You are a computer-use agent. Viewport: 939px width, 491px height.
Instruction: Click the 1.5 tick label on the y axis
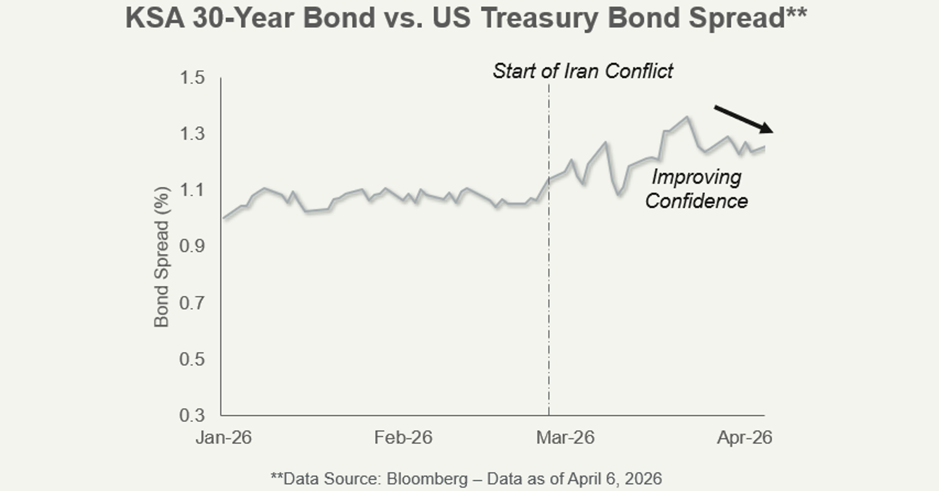[192, 78]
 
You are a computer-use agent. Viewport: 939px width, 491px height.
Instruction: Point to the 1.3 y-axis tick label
[192, 134]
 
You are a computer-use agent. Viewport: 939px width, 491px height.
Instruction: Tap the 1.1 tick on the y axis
[192, 190]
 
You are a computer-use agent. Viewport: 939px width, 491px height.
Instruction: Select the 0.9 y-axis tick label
[192, 246]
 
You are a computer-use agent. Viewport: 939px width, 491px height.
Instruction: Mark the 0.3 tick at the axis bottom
[192, 415]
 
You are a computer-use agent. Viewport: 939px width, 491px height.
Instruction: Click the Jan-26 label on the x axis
[224, 437]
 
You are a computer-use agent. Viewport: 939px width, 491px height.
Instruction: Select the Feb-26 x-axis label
[403, 437]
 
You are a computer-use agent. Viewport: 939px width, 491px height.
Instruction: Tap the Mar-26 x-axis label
[565, 437]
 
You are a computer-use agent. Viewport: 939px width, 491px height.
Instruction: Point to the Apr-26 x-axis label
[744, 437]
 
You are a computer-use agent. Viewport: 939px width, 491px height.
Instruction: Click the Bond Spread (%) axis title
[161, 257]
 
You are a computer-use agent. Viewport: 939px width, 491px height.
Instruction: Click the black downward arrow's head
[767, 129]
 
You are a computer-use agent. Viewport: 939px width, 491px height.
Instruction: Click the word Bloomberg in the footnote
[427, 479]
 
